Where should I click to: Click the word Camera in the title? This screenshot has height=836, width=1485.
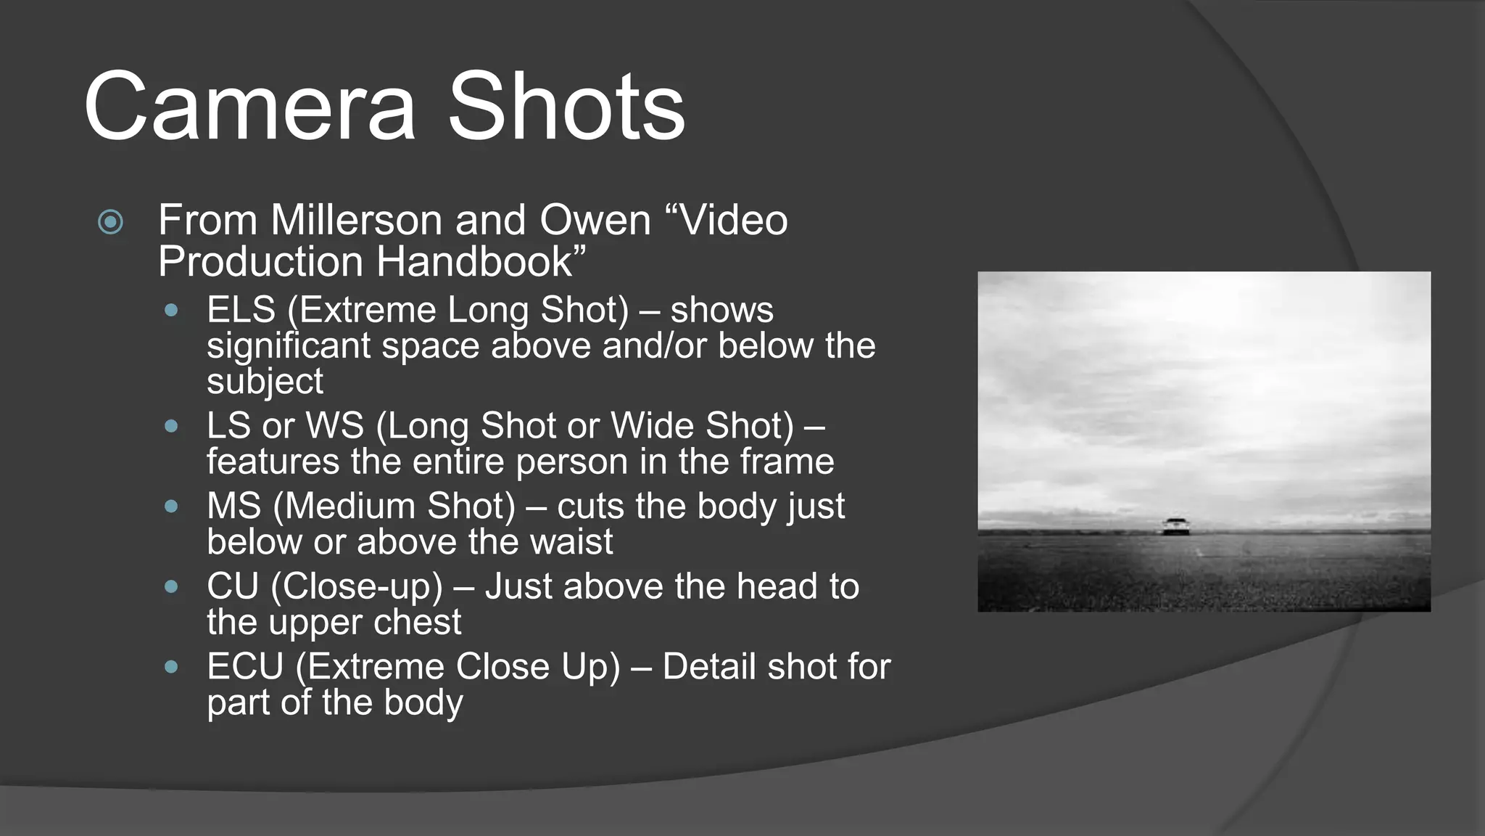250,107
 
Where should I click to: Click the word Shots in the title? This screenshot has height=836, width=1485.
566,107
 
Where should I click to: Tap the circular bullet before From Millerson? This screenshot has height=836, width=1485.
110,221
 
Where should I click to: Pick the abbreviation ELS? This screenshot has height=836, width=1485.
241,310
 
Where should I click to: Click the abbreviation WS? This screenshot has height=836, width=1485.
335,426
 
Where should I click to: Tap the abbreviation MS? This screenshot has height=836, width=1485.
233,507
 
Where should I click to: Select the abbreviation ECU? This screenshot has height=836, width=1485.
245,667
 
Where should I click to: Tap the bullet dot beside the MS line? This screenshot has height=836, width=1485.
171,507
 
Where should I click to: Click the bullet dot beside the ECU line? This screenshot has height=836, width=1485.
171,667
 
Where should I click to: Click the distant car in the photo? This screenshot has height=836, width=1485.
1175,526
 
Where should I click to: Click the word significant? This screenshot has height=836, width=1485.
289,346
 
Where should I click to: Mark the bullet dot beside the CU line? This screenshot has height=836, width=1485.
171,586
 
